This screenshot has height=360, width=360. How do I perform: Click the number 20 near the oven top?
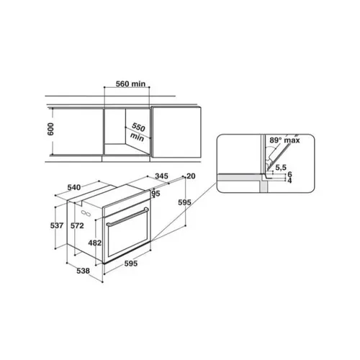pos(191,176)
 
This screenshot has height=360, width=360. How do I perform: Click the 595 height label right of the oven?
pos(184,204)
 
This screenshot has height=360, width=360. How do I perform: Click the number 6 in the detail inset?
pos(289,174)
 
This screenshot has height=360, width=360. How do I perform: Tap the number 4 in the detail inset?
pos(289,181)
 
